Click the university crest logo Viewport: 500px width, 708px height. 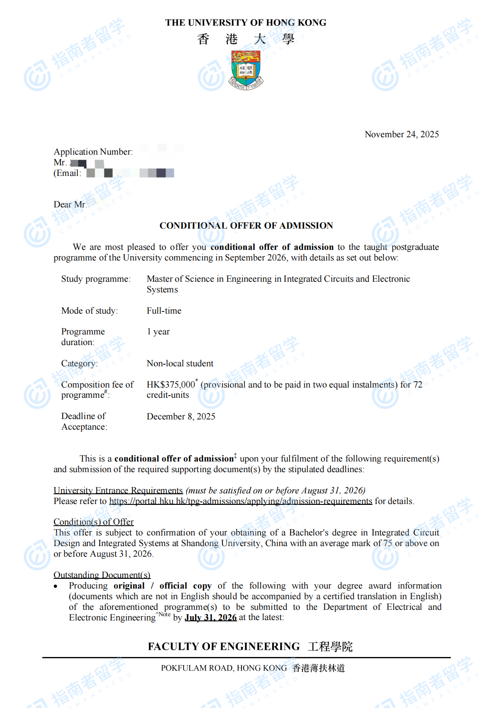click(246, 69)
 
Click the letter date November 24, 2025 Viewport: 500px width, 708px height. click(401, 134)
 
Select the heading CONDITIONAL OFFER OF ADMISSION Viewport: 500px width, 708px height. click(246, 226)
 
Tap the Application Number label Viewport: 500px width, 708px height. click(93, 152)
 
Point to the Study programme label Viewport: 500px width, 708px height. click(96, 279)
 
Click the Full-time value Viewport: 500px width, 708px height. click(164, 311)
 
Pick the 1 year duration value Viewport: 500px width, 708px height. click(158, 331)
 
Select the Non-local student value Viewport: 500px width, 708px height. click(180, 363)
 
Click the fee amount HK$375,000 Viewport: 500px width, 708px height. click(170, 385)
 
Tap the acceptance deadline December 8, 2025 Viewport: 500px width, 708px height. click(181, 416)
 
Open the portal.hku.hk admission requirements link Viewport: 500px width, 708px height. click(241, 501)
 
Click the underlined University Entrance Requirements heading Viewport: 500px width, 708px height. click(118, 490)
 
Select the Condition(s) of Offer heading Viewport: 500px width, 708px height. click(94, 522)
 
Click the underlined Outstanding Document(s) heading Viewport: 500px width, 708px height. click(102, 575)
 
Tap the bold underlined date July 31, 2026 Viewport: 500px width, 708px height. click(210, 617)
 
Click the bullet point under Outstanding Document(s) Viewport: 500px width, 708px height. click(56, 586)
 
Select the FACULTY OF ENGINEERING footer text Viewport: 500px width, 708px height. click(224, 646)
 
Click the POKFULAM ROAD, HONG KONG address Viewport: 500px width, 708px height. click(224, 668)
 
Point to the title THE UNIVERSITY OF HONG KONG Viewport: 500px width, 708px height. click(246, 23)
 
